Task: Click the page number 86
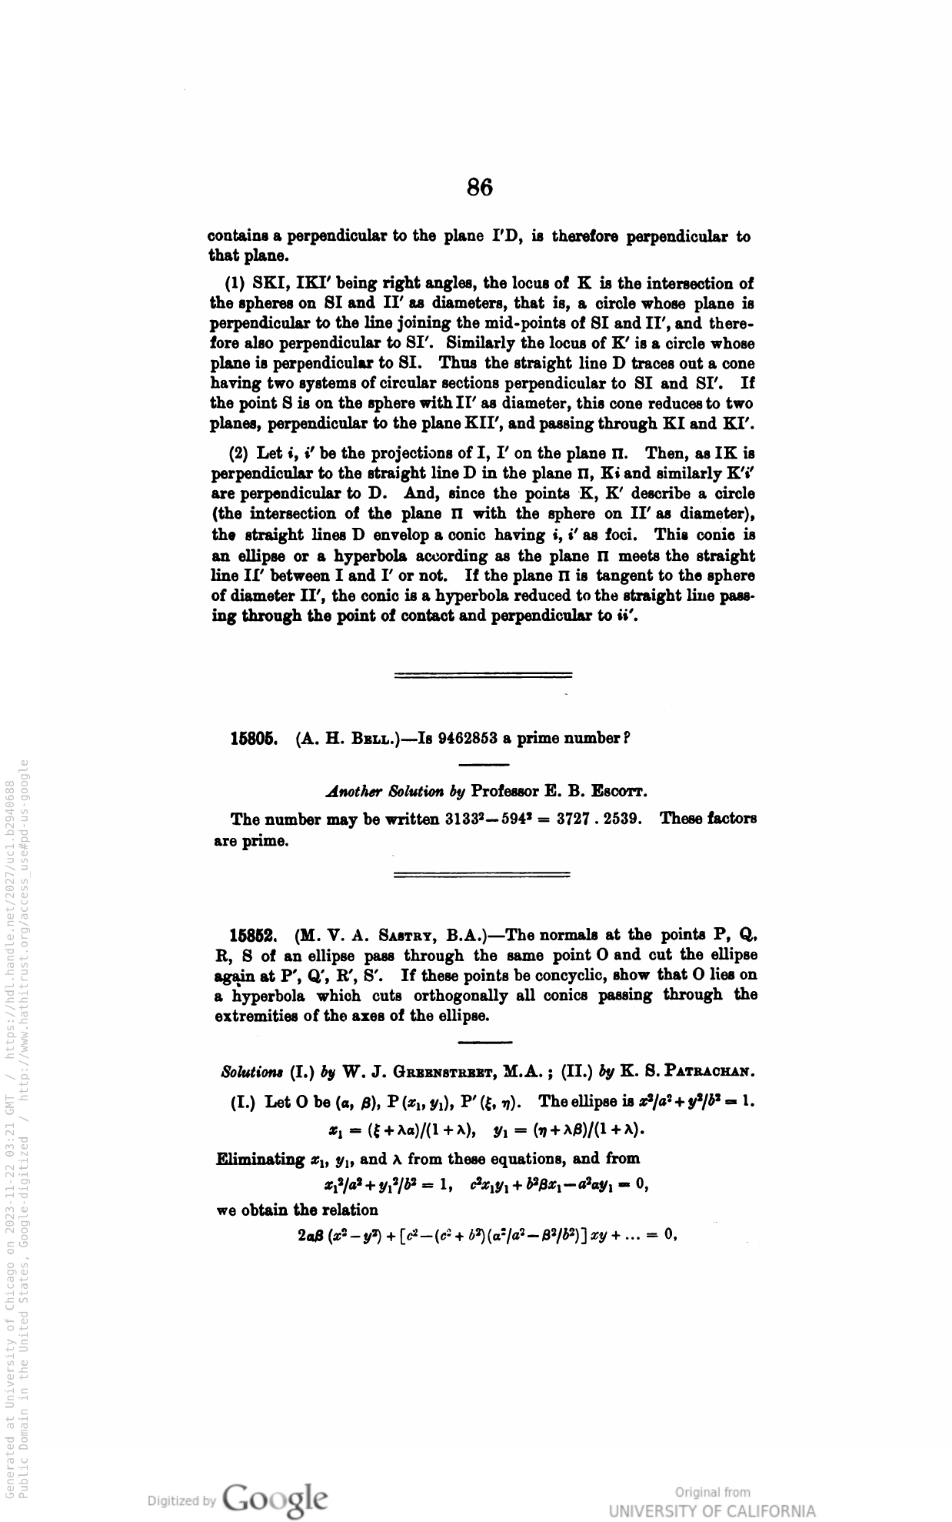479,187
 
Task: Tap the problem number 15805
253,739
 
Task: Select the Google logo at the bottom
275,1499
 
